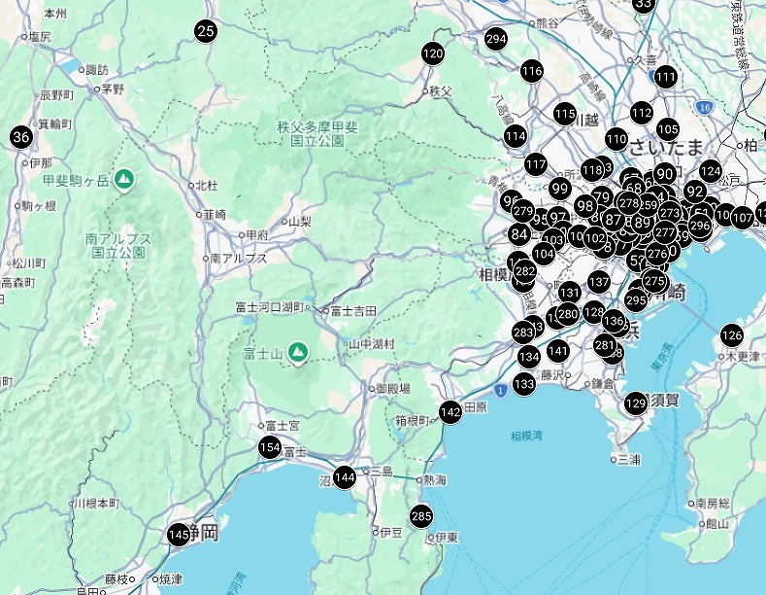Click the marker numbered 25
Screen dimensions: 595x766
tap(206, 31)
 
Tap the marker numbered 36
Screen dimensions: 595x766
tap(21, 137)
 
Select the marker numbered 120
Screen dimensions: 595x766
tap(433, 53)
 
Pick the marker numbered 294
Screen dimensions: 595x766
tap(496, 39)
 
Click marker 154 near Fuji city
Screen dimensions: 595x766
tap(270, 447)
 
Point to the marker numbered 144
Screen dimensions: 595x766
tap(345, 477)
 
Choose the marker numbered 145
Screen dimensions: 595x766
tap(178, 535)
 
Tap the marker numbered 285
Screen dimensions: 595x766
tap(421, 515)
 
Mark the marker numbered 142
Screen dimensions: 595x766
tap(450, 411)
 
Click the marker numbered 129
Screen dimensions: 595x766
tap(636, 402)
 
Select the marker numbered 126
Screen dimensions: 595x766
tap(731, 335)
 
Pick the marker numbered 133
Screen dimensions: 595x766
tap(524, 384)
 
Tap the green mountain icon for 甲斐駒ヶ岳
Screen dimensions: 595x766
tap(124, 179)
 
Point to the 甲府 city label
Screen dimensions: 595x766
tap(257, 234)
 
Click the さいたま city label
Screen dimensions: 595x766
tap(665, 147)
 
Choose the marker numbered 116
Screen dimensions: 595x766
tap(531, 71)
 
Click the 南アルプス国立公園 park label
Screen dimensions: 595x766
tap(118, 245)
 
